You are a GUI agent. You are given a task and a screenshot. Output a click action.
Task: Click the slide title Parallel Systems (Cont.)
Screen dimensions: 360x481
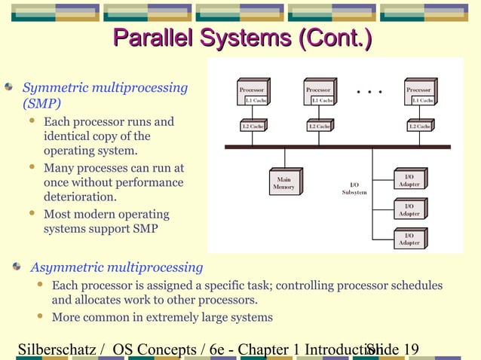point(242,38)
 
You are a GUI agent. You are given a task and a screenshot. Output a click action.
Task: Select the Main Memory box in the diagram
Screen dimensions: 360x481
point(283,183)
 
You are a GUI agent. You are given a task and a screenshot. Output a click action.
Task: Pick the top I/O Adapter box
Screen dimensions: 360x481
point(409,180)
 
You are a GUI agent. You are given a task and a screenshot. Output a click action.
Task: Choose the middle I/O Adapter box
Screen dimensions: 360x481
point(409,209)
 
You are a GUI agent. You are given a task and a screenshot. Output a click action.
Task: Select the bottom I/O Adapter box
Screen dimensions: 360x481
point(409,239)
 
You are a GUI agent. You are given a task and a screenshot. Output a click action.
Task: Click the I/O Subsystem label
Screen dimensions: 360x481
point(354,188)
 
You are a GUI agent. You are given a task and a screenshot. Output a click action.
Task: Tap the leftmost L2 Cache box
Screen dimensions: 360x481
point(252,127)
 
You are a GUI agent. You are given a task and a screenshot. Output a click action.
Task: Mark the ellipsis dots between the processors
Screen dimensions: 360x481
point(369,93)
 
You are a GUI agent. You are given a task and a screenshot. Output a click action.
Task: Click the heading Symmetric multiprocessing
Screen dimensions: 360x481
point(105,88)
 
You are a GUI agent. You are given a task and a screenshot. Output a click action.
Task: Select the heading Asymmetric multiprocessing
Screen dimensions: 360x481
point(116,267)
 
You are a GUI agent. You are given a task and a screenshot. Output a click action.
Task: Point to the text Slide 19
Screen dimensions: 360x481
point(392,349)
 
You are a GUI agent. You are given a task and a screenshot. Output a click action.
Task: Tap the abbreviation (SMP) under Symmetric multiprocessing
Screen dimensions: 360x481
point(41,103)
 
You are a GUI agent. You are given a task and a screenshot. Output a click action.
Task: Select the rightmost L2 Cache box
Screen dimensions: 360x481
point(419,127)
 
